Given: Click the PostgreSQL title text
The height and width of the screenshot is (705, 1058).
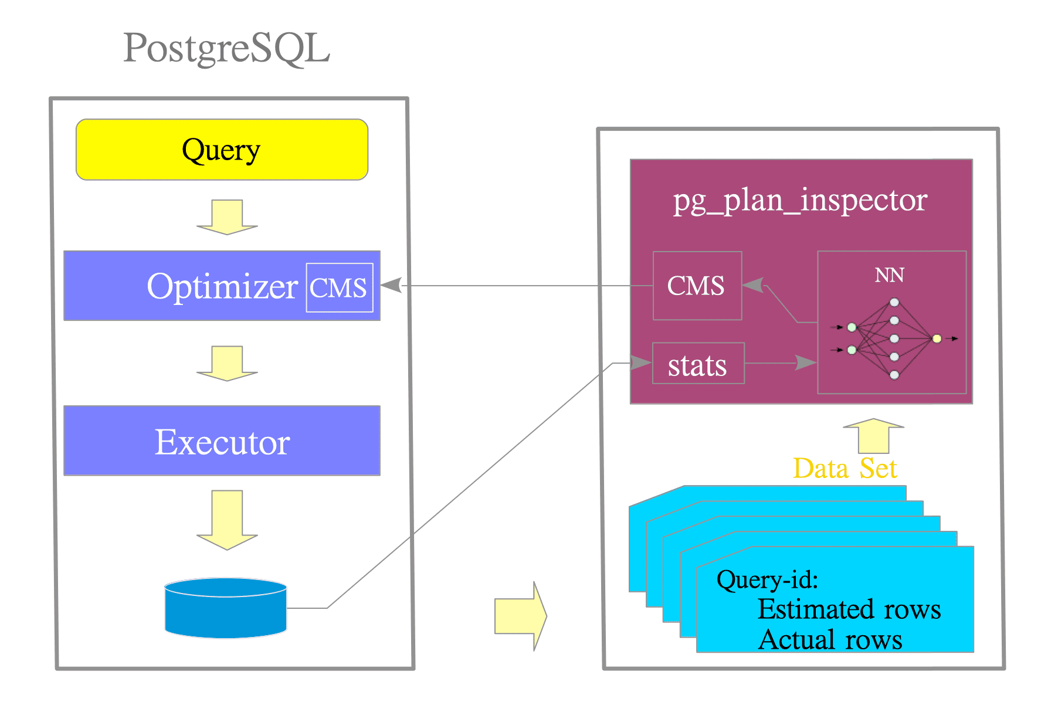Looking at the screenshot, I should coord(226,48).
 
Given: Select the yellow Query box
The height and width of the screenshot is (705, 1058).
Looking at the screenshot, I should coord(222,150).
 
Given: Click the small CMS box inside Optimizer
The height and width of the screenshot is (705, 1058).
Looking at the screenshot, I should coord(339,287).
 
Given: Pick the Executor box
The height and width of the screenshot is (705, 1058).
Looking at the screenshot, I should coord(222,440).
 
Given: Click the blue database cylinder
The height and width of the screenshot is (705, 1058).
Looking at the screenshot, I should coord(226,608).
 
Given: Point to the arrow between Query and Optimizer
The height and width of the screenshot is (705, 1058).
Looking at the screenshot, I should coord(227,217).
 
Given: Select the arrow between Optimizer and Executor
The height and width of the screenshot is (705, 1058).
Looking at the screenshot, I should coord(227,363).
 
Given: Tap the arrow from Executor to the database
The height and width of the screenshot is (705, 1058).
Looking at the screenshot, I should coord(227,520).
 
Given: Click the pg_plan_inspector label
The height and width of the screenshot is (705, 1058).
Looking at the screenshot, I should coord(800,201).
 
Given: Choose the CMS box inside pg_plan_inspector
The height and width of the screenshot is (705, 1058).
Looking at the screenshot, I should coord(697,286).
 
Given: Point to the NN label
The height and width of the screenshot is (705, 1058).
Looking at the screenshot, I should coord(890,275).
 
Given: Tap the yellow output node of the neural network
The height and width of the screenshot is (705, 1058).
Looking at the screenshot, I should coord(937,338).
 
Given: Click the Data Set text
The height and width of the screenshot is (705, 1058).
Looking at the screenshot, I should coord(845,469).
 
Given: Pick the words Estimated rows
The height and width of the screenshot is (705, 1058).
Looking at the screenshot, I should coord(849,609).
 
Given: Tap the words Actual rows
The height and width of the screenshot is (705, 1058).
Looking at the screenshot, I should coord(830,639).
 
